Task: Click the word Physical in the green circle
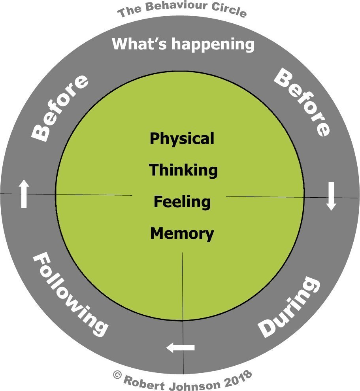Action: (182, 139)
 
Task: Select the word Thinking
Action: (183, 170)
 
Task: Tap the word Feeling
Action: (182, 202)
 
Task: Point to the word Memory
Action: (182, 234)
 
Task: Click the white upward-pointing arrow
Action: (24, 193)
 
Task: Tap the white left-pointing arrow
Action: (181, 348)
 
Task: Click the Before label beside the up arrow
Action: (60, 108)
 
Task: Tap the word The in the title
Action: (127, 12)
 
